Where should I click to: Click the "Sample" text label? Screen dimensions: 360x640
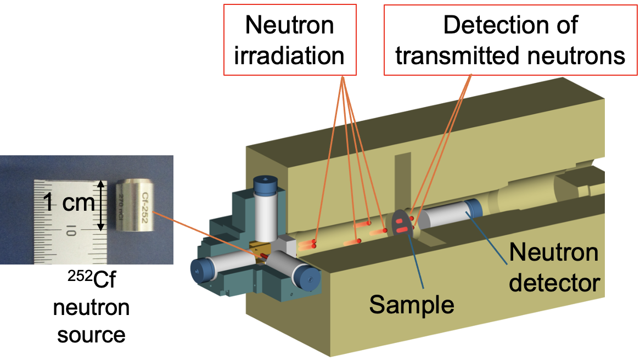pyautogui.click(x=412, y=303)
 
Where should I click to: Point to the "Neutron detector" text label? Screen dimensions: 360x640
pyautogui.click(x=553, y=268)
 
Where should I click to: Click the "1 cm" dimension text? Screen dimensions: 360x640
pyautogui.click(x=68, y=204)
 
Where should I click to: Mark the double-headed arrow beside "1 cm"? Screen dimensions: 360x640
pyautogui.click(x=100, y=206)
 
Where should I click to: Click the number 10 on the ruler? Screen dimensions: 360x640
pyautogui.click(x=70, y=231)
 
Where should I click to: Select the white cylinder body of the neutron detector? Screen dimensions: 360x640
pyautogui.click(x=445, y=218)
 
